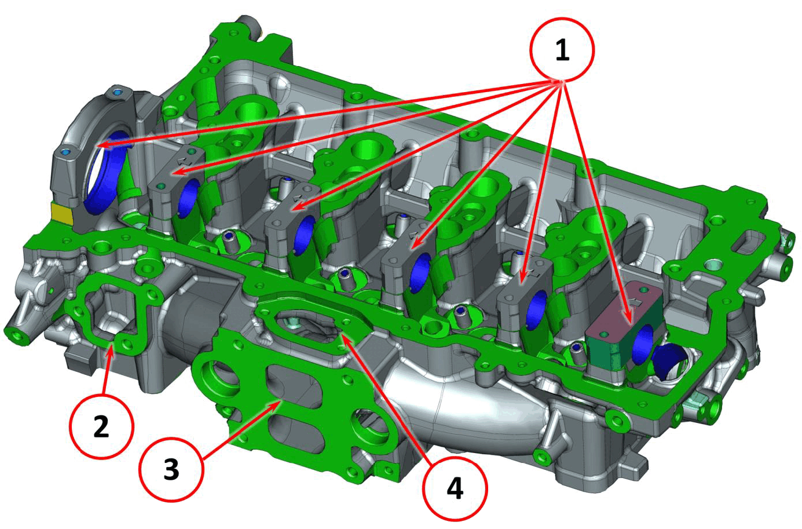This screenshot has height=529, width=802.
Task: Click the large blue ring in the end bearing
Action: point(107,172)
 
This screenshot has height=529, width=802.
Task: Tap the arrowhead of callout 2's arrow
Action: point(111,348)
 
